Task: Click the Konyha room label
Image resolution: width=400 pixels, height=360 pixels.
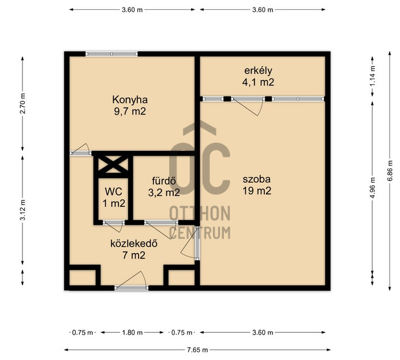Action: pos(130,99)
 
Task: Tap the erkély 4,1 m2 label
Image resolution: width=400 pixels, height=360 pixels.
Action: pos(258,76)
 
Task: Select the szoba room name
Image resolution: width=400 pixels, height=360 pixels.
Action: pos(257,179)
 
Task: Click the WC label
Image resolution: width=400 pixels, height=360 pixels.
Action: pos(114,191)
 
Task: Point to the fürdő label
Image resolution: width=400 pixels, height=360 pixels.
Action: pos(164,181)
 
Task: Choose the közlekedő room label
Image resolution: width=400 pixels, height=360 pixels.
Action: pos(134,243)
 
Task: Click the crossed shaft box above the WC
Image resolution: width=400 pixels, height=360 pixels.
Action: pos(113,165)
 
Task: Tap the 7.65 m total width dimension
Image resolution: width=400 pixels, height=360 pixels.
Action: pos(197,350)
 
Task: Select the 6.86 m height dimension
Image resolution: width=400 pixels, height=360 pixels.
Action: pos(390,170)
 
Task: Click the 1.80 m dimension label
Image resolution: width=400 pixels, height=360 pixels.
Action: pos(132,332)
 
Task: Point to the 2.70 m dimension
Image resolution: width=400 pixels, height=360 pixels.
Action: pos(23,103)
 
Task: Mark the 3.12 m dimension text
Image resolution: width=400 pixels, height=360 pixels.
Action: pos(23,210)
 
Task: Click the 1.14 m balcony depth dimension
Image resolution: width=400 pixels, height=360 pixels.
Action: pos(373,76)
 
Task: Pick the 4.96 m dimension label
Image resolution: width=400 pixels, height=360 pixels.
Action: pos(373,188)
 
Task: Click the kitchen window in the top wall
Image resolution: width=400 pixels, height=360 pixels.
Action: pos(111,54)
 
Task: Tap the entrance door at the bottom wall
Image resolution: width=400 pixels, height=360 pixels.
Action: pos(132,280)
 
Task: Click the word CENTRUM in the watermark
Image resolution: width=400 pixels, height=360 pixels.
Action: pos(200,233)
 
